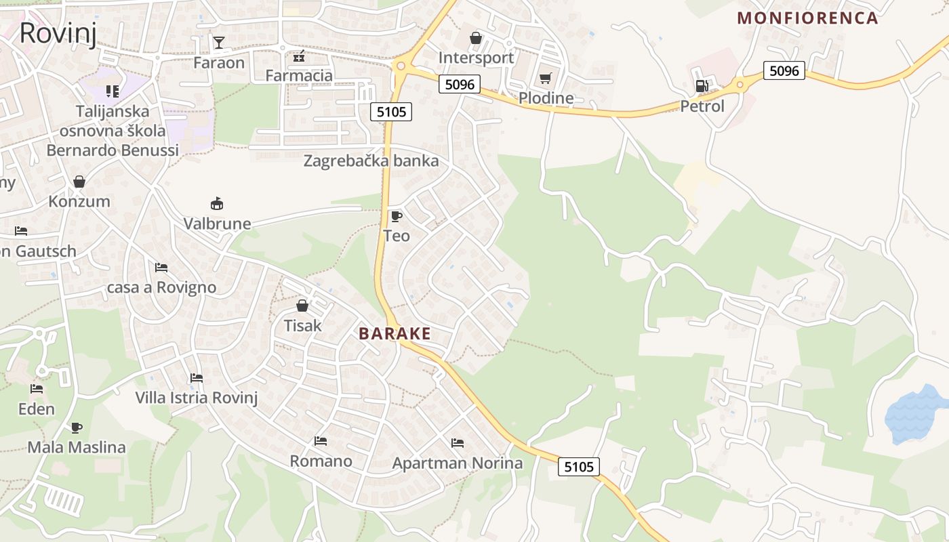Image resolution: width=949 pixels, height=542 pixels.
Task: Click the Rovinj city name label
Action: click(58, 33)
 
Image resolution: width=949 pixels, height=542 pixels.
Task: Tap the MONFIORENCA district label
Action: click(807, 18)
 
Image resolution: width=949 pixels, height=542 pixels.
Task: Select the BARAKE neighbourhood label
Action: click(395, 333)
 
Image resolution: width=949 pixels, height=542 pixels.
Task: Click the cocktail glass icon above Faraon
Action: click(218, 43)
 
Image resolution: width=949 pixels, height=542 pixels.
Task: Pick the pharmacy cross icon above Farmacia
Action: click(299, 56)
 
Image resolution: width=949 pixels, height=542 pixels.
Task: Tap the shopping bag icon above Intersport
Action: click(476, 38)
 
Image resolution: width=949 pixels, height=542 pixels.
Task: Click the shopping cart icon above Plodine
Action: click(546, 79)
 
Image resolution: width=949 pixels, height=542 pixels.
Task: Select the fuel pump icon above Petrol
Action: click(702, 86)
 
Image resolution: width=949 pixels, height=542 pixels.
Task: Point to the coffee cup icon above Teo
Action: click(397, 216)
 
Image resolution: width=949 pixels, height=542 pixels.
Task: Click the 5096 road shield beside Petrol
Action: click(784, 70)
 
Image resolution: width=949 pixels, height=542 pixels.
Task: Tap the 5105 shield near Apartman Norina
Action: click(579, 466)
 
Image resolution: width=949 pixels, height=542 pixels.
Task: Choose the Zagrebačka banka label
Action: click(371, 161)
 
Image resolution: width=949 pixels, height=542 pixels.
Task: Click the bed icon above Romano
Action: click(321, 441)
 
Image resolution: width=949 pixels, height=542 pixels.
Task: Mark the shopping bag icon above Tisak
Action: click(302, 306)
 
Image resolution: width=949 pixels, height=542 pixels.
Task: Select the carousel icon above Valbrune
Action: click(217, 203)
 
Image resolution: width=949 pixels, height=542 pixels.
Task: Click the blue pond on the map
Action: click(914, 413)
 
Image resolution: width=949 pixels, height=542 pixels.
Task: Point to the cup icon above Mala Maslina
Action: click(77, 428)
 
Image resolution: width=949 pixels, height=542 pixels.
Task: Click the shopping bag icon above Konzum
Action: click(79, 182)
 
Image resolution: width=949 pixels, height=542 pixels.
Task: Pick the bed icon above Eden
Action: click(37, 389)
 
